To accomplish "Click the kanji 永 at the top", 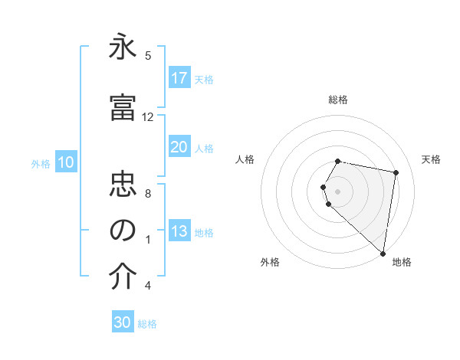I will tap(123, 50).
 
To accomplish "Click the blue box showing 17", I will tap(179, 77).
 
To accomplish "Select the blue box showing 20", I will tap(179, 147).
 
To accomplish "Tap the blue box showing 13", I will tap(179, 232).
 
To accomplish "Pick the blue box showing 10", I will tap(66, 162).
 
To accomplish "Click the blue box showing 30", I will tap(123, 322).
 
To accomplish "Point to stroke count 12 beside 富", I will tap(148, 117).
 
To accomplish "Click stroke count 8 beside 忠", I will tap(148, 193).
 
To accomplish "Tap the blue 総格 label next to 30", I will tap(147, 324).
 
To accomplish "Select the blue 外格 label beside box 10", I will tap(41, 163).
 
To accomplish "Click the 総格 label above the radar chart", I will tap(338, 100).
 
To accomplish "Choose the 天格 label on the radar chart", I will tap(432, 159).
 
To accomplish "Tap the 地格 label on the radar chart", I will tap(402, 263).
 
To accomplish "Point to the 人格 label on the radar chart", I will tap(245, 159).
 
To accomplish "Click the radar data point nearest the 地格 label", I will tap(383, 253).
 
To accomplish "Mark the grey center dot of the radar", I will tap(338, 191).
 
